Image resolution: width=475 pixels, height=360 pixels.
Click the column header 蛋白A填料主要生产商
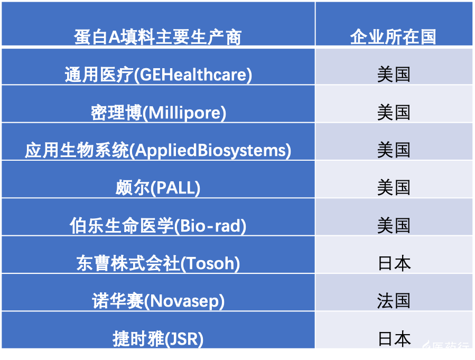point(157,37)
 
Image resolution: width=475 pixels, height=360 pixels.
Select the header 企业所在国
point(393,37)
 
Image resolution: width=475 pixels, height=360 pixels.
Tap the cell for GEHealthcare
point(158,75)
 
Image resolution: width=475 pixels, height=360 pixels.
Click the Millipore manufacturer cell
point(158,113)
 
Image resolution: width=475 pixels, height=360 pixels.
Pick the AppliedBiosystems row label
point(158,150)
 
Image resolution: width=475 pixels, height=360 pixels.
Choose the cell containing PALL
point(158,188)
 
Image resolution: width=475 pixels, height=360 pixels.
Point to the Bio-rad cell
point(158,226)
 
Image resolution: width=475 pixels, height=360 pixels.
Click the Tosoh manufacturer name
point(158,263)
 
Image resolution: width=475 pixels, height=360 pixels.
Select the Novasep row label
point(158,301)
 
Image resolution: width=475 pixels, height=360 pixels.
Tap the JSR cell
point(158,338)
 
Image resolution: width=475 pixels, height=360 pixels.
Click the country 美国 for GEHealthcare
point(394,75)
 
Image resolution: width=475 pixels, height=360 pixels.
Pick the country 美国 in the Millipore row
point(394,113)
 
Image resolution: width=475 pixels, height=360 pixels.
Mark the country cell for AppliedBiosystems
point(394,150)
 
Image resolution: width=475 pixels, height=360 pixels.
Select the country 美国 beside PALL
point(394,188)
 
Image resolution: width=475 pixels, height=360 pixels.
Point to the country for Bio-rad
point(394,226)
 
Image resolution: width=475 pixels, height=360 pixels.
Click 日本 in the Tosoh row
point(394,263)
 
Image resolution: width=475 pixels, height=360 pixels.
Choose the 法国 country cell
point(394,301)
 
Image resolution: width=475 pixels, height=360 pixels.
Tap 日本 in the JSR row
point(394,338)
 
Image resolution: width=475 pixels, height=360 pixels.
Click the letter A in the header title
point(115,38)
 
